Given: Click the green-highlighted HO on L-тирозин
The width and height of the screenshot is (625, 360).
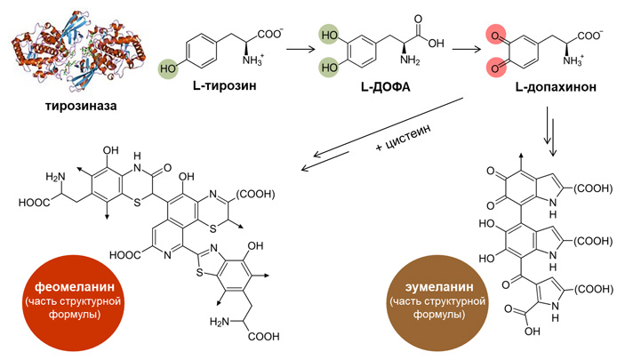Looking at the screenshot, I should click(x=168, y=67).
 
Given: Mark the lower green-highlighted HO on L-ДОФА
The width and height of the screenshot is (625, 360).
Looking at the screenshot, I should click(x=330, y=67).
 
